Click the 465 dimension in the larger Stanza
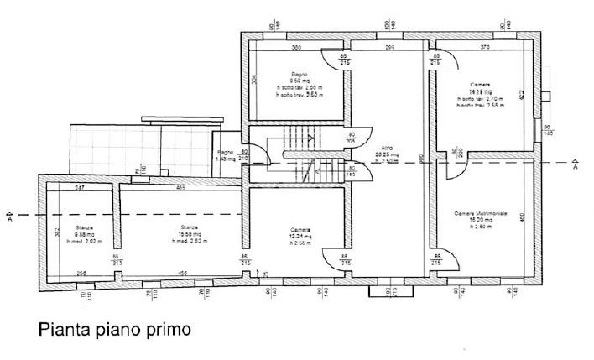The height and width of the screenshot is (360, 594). (x=181, y=187)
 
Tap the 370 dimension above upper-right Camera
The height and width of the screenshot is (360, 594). (x=485, y=47)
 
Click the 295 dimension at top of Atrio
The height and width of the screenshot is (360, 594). (x=389, y=47)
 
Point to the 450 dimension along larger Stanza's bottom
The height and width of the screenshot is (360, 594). (x=182, y=273)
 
